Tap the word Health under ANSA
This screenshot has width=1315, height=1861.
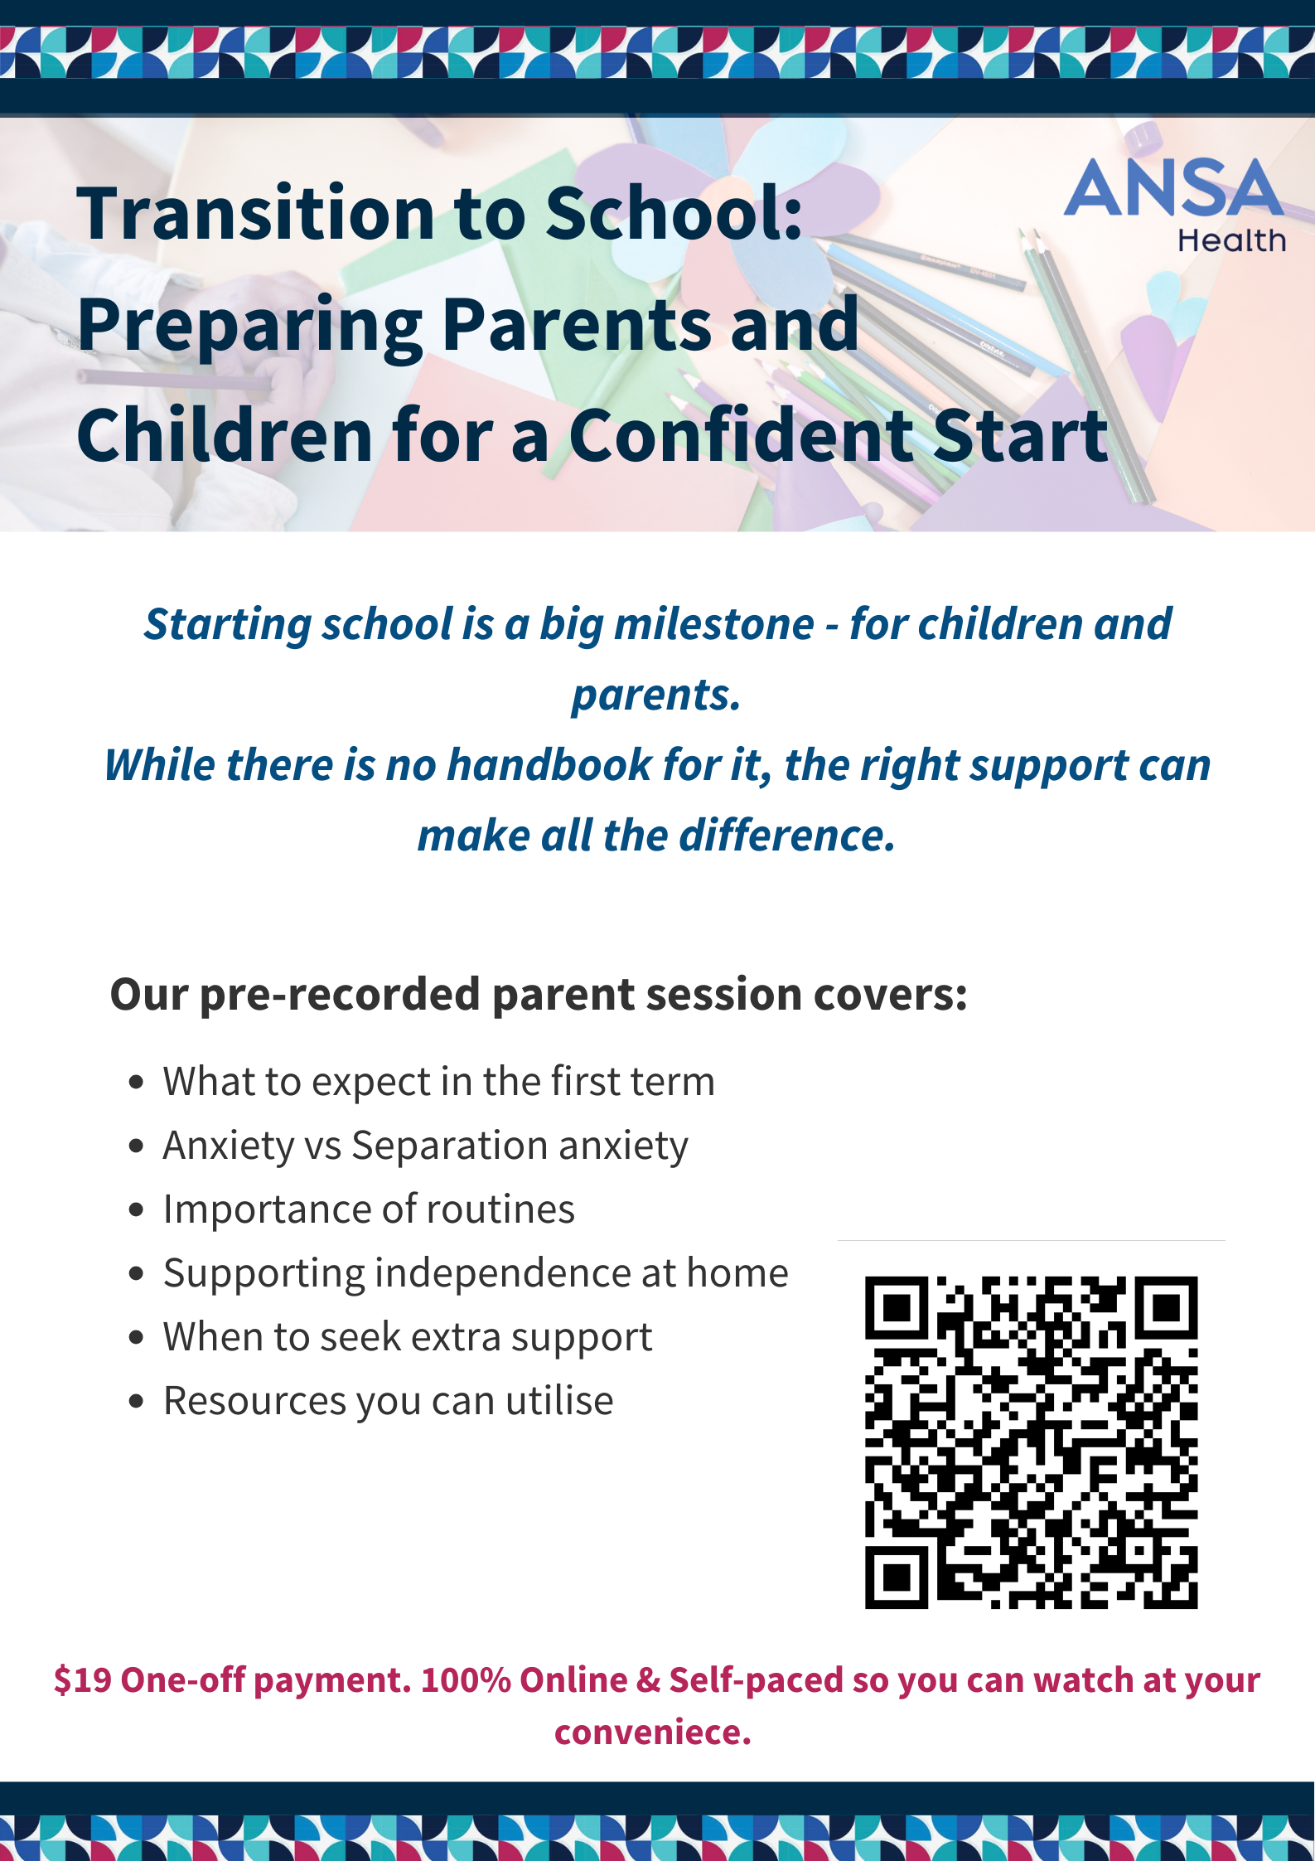1231,241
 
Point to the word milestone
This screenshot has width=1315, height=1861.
713,624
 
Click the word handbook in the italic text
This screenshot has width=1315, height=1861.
549,764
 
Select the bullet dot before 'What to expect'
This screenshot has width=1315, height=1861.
137,1083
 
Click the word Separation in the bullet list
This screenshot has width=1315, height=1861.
448,1146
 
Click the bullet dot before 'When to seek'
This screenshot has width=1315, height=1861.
137,1338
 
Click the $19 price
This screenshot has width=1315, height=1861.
82,1680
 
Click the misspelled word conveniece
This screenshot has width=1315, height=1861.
653,1732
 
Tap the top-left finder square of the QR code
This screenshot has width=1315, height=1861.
896,1307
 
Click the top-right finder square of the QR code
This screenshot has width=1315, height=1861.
1167,1307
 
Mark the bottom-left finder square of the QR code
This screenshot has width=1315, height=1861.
896,1578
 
